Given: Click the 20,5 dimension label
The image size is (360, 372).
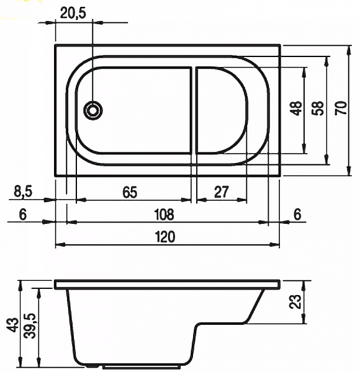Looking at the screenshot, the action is (x=73, y=13).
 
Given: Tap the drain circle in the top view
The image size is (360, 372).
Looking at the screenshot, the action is (x=93, y=110).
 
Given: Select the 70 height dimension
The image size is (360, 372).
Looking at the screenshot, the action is (x=341, y=108).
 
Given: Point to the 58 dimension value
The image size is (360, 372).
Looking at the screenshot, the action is (x=318, y=108).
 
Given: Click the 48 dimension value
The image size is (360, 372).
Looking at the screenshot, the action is (x=297, y=108).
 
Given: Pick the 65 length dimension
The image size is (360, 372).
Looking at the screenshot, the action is (x=130, y=192).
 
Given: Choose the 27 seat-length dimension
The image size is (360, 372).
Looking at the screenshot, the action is (x=222, y=192).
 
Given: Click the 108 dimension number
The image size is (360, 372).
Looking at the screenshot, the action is (x=164, y=214).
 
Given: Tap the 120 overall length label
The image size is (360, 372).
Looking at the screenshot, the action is (x=164, y=237).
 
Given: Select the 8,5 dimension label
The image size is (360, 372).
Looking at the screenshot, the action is (x=23, y=192).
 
